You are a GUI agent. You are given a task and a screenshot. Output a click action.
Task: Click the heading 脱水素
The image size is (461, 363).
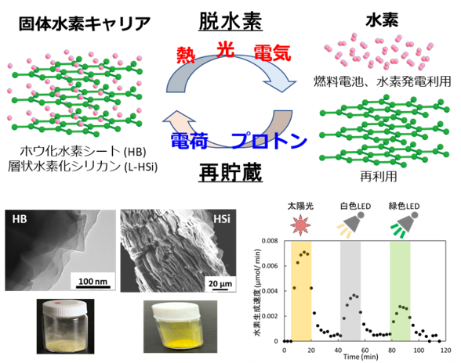pos(230,21)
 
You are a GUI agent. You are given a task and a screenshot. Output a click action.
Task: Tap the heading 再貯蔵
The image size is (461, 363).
pos(230,173)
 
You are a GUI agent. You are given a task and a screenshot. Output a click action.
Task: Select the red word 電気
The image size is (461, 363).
pos(272,53)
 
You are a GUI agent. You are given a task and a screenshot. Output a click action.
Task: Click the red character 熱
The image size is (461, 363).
pos(186,55)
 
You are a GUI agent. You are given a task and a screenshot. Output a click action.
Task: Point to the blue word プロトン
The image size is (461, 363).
pos(270,141)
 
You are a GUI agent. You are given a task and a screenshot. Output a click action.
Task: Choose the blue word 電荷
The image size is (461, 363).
pos(190,141)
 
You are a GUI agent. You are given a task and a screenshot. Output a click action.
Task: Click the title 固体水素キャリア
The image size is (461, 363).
pos(85,23)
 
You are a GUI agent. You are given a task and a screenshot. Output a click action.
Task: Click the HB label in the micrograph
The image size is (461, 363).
pos(20,219)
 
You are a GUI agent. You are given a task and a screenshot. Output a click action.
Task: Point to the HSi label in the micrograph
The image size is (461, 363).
pos(222,219)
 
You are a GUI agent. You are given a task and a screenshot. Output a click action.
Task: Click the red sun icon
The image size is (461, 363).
pos(300,225)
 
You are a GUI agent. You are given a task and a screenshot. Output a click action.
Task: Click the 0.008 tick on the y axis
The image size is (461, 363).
pos(270,241)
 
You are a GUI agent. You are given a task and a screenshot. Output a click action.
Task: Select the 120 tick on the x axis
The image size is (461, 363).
pos(445,350)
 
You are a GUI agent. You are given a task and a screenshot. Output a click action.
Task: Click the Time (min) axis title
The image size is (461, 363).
pos(361,357)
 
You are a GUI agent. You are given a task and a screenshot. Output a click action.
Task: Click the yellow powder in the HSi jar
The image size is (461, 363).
pos(180,342)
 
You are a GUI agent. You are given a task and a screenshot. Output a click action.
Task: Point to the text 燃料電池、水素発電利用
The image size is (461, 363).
pos(383,81)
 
